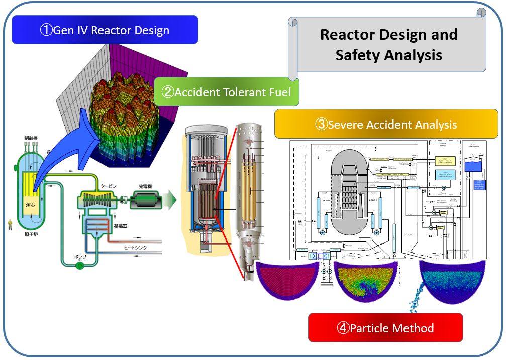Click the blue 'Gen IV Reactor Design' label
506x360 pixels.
(105, 30)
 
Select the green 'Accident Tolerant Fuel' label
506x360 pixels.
(226, 91)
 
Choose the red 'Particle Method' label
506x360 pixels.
(385, 328)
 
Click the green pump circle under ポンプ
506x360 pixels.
(79, 265)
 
